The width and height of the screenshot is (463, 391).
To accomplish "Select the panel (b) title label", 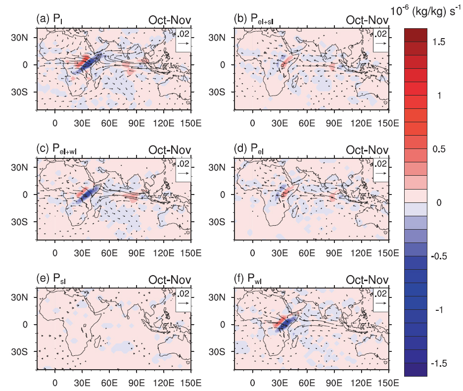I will point(252,20).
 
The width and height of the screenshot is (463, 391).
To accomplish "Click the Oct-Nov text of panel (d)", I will point(367,150).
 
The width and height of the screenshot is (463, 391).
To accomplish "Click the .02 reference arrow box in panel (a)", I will point(184,40).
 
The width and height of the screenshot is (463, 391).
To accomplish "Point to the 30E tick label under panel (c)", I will point(82,252).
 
